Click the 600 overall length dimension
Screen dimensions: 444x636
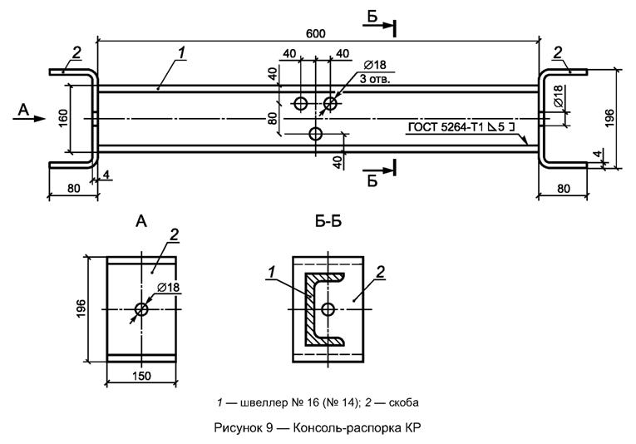click(x=314, y=32)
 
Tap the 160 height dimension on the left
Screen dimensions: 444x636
click(x=63, y=117)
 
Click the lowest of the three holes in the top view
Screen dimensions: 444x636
click(x=315, y=133)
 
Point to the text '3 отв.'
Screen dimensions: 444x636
click(x=374, y=80)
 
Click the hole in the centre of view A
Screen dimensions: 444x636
click(x=141, y=309)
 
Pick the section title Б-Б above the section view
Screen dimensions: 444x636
click(x=329, y=222)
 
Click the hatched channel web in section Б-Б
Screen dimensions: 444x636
click(x=308, y=308)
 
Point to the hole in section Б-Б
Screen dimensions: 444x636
click(x=329, y=309)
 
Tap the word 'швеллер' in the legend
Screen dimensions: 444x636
click(x=254, y=402)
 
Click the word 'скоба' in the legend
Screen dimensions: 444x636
click(x=400, y=402)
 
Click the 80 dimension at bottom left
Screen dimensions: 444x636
click(x=72, y=188)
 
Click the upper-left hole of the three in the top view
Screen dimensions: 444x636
click(x=300, y=103)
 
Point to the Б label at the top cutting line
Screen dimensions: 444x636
click(x=372, y=17)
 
